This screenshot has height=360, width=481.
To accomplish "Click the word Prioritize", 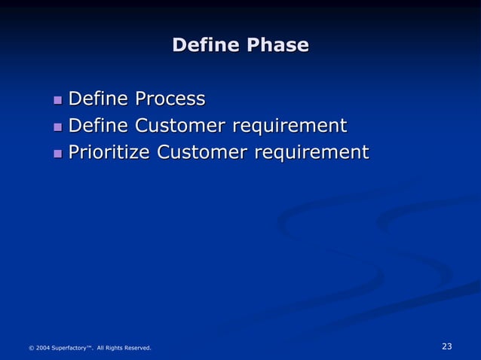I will click(x=109, y=153).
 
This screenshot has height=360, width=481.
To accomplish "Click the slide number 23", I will click(x=446, y=346).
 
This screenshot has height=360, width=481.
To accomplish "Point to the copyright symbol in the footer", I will click(x=31, y=348).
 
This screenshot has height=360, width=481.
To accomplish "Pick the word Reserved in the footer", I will click(x=138, y=348).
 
